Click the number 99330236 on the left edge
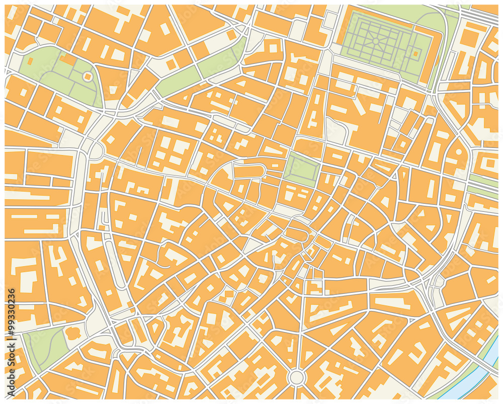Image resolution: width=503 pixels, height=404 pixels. (11, 312)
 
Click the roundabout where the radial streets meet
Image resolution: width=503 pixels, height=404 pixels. (297, 377)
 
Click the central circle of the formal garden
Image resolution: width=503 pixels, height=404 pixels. (375, 41)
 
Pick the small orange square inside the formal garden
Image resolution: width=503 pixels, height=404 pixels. (415, 53)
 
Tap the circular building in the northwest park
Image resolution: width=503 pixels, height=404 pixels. (88, 76)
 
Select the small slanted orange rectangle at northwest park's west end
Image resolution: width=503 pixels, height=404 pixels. (30, 61)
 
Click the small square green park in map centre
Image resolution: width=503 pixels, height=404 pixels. (301, 169)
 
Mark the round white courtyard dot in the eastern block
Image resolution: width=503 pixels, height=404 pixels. (458, 151)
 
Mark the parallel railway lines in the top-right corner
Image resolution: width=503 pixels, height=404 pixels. (478, 15)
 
